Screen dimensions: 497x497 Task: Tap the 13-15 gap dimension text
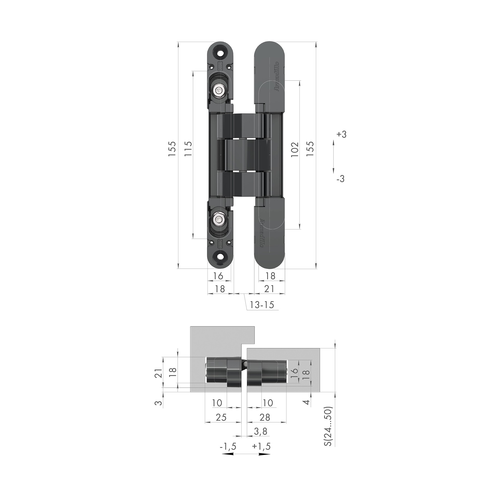(262, 305)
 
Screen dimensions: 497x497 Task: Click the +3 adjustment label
(341, 134)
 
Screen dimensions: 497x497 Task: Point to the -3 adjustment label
(340, 178)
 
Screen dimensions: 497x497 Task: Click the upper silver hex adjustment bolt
(219, 90)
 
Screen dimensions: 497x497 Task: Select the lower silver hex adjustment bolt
(219, 219)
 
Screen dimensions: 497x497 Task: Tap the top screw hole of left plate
(220, 52)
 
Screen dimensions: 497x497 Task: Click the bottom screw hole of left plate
(220, 258)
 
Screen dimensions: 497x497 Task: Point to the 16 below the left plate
(218, 276)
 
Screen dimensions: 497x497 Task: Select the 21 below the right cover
(269, 289)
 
